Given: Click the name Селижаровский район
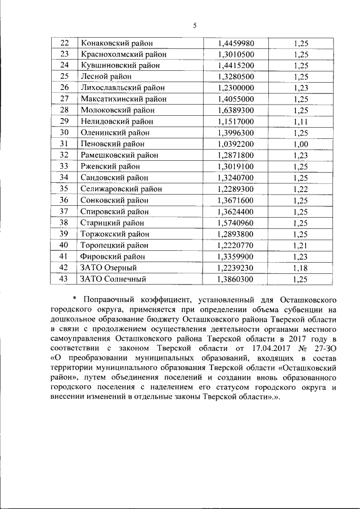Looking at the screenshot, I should (121, 189).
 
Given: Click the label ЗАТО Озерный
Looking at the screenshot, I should (109, 268).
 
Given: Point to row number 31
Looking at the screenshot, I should (64, 144).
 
